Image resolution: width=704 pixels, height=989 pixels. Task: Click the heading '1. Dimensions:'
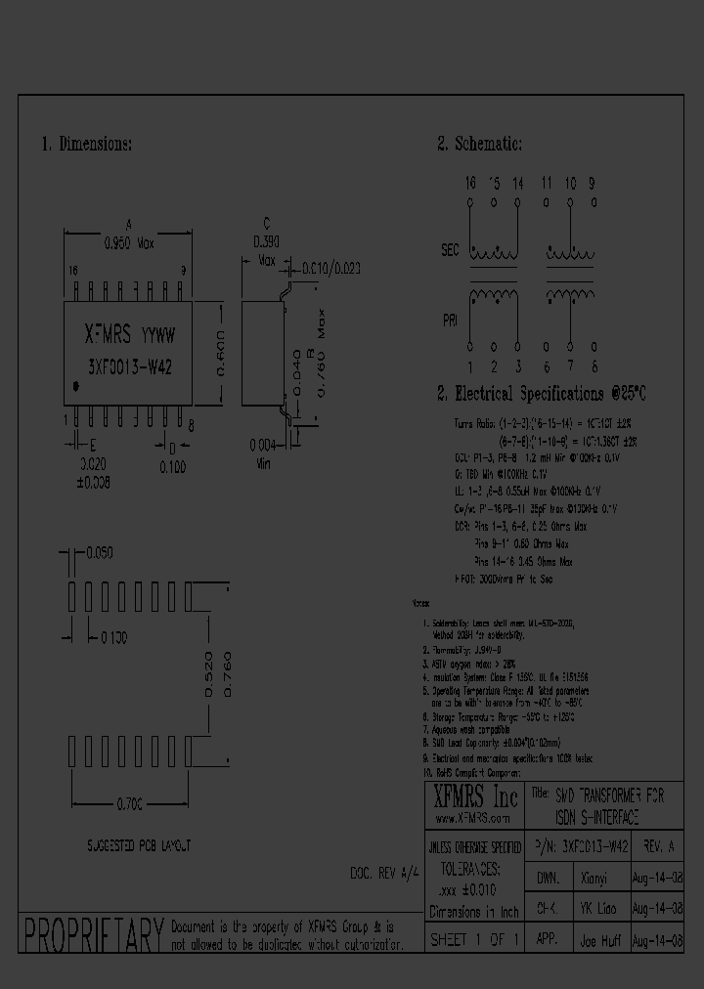pos(87,144)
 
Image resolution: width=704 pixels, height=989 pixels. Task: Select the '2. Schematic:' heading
pos(479,144)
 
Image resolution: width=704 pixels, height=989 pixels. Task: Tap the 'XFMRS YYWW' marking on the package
pos(127,335)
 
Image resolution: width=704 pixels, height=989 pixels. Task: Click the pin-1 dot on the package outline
pos(75,387)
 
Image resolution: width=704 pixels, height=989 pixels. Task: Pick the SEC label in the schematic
pos(449,250)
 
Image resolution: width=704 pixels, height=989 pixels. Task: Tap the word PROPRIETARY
pos(92,935)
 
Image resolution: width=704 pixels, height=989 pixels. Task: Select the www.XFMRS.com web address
pos(472,818)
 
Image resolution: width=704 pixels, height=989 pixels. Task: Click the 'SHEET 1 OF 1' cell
pos(474,940)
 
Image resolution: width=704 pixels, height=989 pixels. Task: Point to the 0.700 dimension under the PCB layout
pos(130,802)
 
